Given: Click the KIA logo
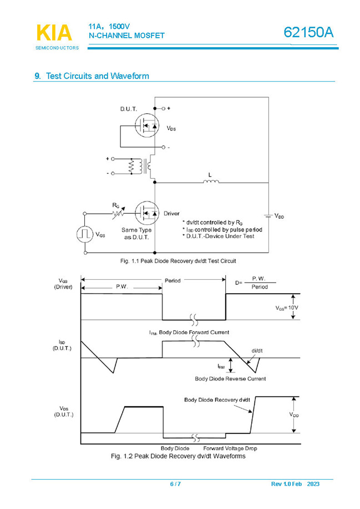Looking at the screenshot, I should pos(54,33).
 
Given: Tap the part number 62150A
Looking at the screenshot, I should pos(308,33).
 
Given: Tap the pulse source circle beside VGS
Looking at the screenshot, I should pos(84,234).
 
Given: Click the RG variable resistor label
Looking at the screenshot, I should pos(115,205).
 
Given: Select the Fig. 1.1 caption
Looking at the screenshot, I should pos(174,260).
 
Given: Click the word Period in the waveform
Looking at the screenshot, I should pos(173,280).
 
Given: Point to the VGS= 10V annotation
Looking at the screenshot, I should pos(287,307).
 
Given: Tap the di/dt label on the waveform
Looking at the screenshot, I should pos(257,351).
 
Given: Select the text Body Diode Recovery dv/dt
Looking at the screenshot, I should pos(216,400).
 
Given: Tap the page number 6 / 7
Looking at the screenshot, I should pos(175,484).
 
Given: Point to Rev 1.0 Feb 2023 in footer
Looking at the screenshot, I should pos(295,484).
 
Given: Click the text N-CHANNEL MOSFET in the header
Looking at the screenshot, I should pos(126,36).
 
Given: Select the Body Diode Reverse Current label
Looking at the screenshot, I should pos(230,379).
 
